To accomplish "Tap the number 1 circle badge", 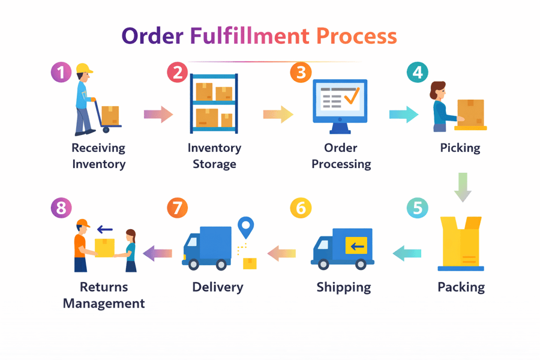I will point(61,73).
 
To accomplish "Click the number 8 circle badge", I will point(61,208).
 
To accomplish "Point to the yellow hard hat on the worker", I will point(85,68).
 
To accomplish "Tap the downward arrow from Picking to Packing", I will point(463,187).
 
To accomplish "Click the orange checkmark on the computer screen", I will point(351,96).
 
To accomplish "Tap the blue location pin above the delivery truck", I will point(245,227).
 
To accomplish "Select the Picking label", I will point(460,148).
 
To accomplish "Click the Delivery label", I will point(217,287).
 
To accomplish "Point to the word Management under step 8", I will point(104,303).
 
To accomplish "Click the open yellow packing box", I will point(461,243).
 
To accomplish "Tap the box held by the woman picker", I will point(470,112).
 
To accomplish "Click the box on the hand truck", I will point(110,115).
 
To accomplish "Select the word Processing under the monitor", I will point(341,164).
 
